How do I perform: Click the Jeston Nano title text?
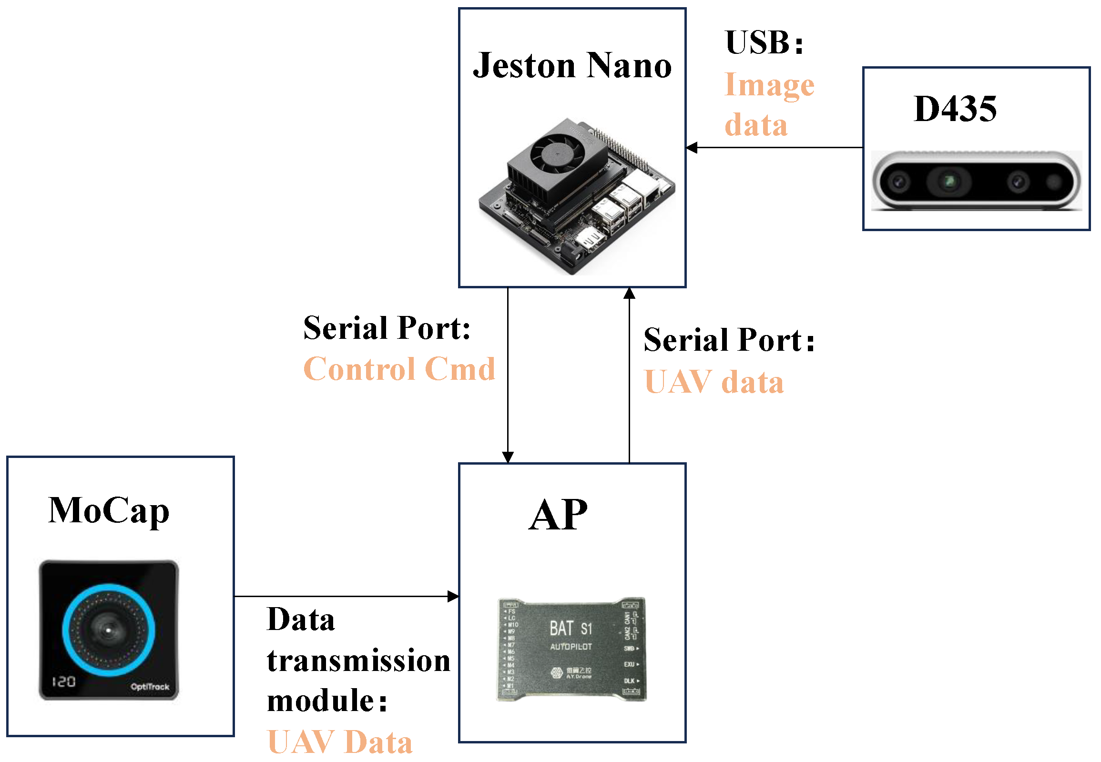[571, 65]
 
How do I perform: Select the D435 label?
[954, 109]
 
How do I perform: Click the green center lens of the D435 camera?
[948, 182]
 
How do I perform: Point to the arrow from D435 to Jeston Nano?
[774, 148]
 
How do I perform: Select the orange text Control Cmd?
[399, 369]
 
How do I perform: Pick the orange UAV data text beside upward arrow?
[714, 383]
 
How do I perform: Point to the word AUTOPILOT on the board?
[571, 647]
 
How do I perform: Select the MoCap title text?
[109, 511]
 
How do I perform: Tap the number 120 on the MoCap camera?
[63, 681]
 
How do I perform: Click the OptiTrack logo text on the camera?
[150, 687]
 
